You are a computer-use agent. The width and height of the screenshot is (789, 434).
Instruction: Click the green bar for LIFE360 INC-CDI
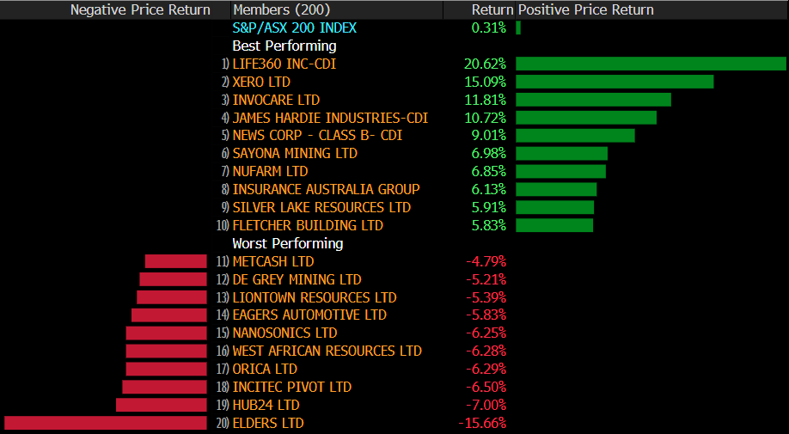[651, 64]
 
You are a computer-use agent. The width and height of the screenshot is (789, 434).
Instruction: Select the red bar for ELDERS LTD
[106, 423]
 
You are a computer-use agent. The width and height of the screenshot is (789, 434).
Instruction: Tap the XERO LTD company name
[261, 82]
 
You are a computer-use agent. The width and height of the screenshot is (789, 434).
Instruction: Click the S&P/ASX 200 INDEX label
[294, 28]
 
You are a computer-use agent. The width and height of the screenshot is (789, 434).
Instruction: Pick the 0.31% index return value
[489, 28]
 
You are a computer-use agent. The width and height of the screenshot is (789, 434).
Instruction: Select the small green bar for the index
[518, 28]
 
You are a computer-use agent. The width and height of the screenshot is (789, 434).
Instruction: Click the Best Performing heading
[284, 46]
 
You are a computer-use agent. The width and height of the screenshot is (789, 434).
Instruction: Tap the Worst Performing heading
[288, 243]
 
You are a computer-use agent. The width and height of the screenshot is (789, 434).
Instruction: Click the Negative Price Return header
[140, 9]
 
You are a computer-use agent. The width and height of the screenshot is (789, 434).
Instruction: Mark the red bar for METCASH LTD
[176, 261]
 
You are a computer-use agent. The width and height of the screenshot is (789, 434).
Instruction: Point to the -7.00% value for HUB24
[486, 405]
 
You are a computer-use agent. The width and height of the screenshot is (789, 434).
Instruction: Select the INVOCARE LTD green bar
[593, 100]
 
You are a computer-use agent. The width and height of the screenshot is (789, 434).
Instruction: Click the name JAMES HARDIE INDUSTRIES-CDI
[330, 118]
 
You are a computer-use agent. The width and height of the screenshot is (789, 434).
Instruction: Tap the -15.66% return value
[482, 423]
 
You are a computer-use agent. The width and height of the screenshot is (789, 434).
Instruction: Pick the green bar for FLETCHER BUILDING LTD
[554, 225]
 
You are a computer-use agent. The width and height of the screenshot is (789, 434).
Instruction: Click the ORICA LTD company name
[265, 369]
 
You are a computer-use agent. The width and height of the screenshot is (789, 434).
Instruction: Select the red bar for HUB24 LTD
[162, 405]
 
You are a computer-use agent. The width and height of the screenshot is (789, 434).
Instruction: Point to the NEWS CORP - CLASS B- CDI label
[317, 136]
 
